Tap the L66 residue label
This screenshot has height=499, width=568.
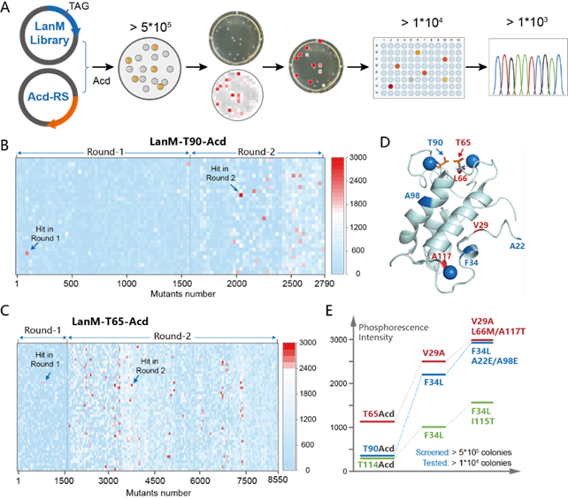click(x=460, y=178)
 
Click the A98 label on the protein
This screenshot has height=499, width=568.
click(x=412, y=195)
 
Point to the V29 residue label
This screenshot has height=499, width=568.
click(x=481, y=226)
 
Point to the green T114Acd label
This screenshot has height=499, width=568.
click(x=375, y=463)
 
